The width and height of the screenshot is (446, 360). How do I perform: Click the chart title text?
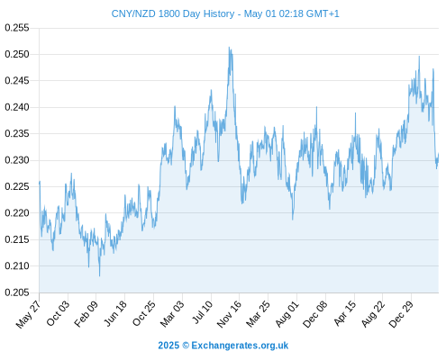[x=225, y=13]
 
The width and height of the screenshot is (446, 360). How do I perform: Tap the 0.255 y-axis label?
[x=17, y=28]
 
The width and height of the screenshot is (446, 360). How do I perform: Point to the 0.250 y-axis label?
[x=17, y=54]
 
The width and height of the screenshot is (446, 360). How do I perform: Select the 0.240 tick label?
[x=17, y=107]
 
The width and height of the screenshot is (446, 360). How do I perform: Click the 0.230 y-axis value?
[x=17, y=160]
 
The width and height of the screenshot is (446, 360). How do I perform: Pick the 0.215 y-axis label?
[x=17, y=239]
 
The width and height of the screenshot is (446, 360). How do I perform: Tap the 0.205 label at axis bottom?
[x=17, y=292]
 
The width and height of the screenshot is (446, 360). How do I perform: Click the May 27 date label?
[x=28, y=314]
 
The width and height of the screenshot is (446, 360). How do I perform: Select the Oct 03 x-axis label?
[x=58, y=313]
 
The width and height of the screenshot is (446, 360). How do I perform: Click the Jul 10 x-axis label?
[x=202, y=312]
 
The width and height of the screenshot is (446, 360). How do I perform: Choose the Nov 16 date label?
[x=229, y=314]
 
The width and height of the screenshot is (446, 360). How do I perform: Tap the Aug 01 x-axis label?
[x=287, y=314]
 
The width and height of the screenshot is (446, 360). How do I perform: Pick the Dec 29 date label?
[x=401, y=314]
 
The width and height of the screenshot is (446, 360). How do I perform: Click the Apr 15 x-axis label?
[x=345, y=313]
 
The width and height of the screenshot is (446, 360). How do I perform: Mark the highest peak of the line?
[x=229, y=47]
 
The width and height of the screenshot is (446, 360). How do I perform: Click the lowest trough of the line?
[x=99, y=275]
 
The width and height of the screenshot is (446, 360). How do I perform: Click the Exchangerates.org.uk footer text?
[x=240, y=346]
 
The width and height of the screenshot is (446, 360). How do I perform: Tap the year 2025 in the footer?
[x=168, y=346]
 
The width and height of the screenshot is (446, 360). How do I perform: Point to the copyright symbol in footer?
[x=186, y=346]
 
